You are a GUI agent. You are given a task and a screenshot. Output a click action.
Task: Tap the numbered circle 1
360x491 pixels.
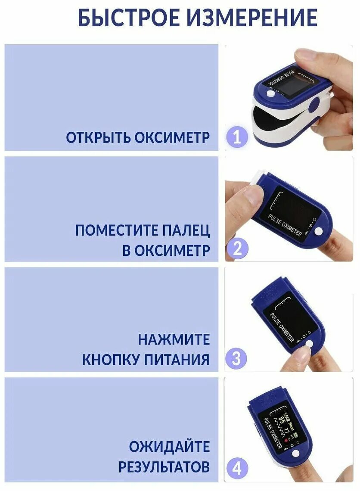click(x=237, y=137)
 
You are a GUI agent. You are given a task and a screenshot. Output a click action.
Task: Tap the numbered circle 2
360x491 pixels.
click(x=237, y=249)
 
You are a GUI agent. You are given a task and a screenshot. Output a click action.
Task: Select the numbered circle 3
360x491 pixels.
click(x=236, y=359)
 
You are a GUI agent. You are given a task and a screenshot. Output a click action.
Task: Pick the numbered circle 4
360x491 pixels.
click(x=237, y=468)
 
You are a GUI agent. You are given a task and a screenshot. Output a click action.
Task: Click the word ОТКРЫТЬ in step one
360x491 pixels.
click(x=98, y=137)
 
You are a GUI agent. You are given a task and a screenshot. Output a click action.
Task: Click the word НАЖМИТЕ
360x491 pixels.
click(x=174, y=339)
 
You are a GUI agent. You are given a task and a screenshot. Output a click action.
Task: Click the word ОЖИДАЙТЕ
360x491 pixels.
click(x=169, y=447)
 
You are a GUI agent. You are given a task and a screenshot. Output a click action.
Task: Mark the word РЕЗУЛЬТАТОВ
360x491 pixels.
click(x=164, y=466)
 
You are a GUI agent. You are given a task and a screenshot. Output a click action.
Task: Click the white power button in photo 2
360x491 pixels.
click(x=319, y=231)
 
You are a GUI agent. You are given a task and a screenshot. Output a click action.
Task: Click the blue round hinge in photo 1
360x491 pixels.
click(x=315, y=105)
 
